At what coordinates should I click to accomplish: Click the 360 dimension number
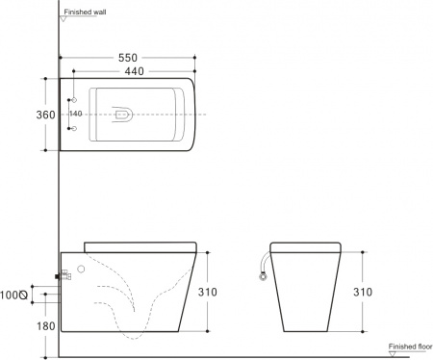point(32,115)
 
